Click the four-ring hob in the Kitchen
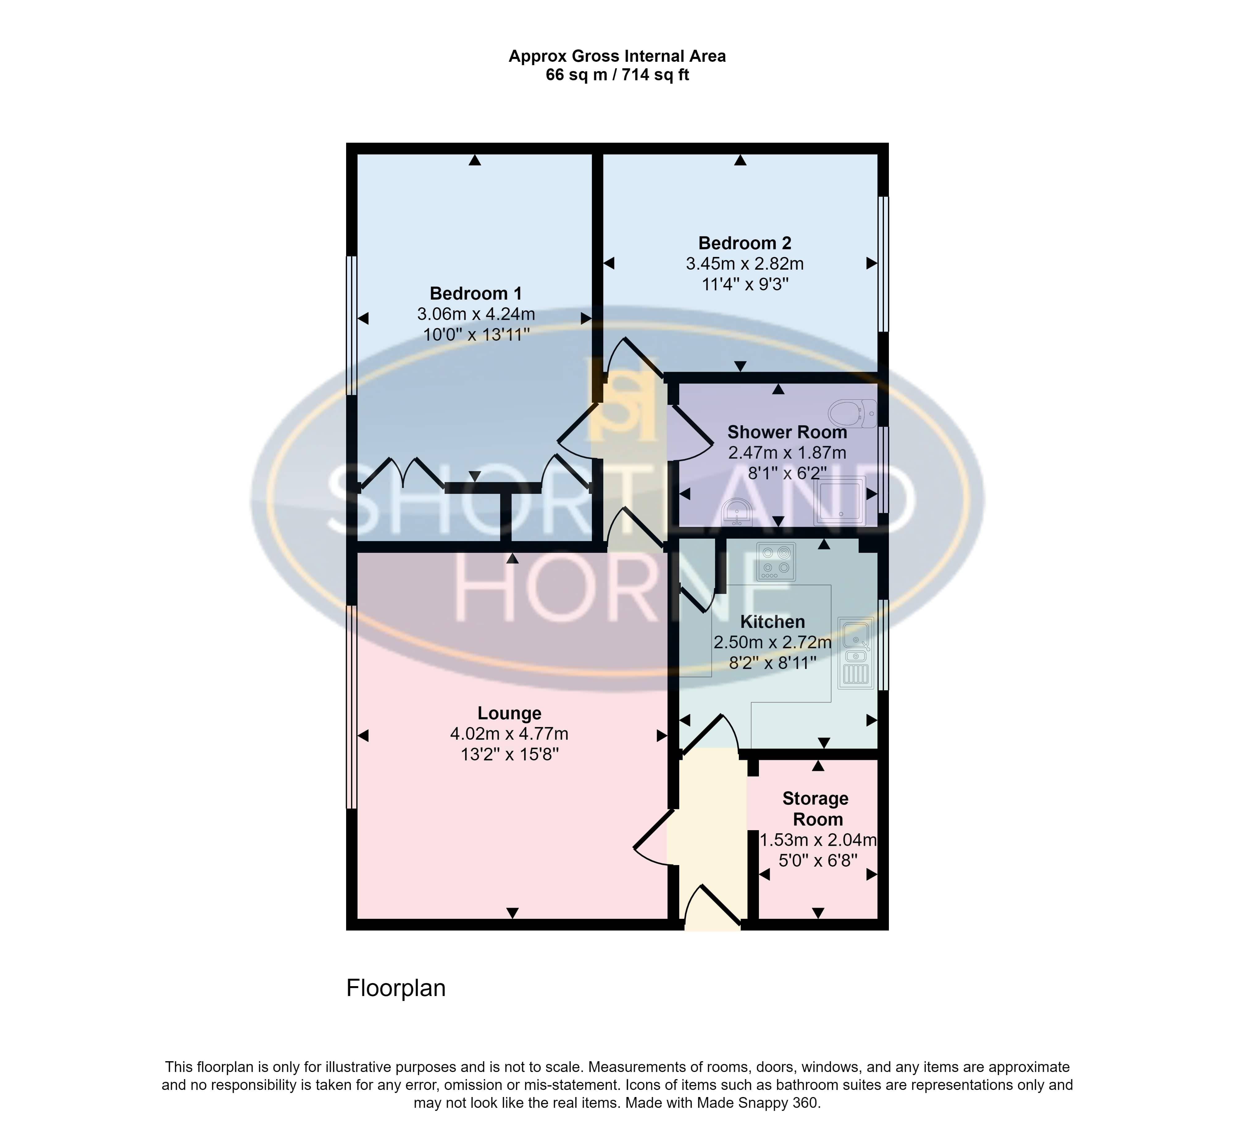(x=776, y=561)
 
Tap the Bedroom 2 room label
(x=745, y=243)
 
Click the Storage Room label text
(x=816, y=809)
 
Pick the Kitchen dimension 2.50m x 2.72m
(x=772, y=642)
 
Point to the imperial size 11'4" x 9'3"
(x=745, y=284)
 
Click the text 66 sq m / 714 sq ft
(x=617, y=75)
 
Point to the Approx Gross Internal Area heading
(x=617, y=57)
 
